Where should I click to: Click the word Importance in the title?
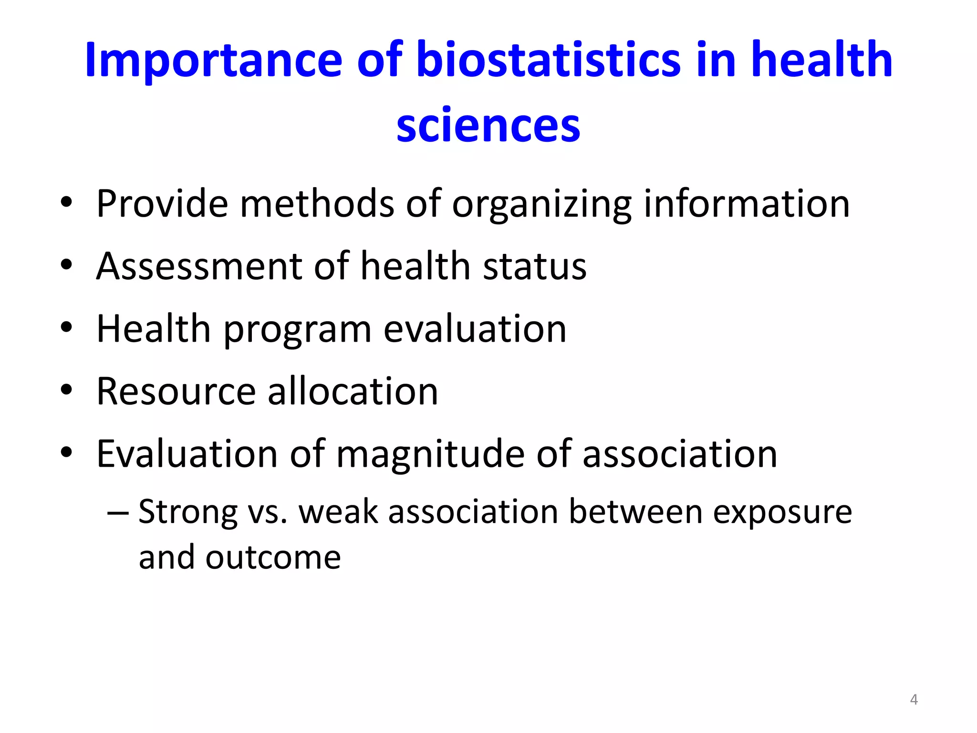tap(213, 61)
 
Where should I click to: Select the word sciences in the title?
tap(488, 125)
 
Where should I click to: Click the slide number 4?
tap(914, 700)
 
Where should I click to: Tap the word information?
tap(747, 204)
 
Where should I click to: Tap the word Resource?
tap(176, 391)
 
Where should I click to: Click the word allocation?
tap(353, 391)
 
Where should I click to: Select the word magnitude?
tap(430, 455)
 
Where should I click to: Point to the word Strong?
tap(187, 513)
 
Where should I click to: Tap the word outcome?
tap(273, 557)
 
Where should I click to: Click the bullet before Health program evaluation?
tap(66, 328)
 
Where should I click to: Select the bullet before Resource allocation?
tap(66, 390)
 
